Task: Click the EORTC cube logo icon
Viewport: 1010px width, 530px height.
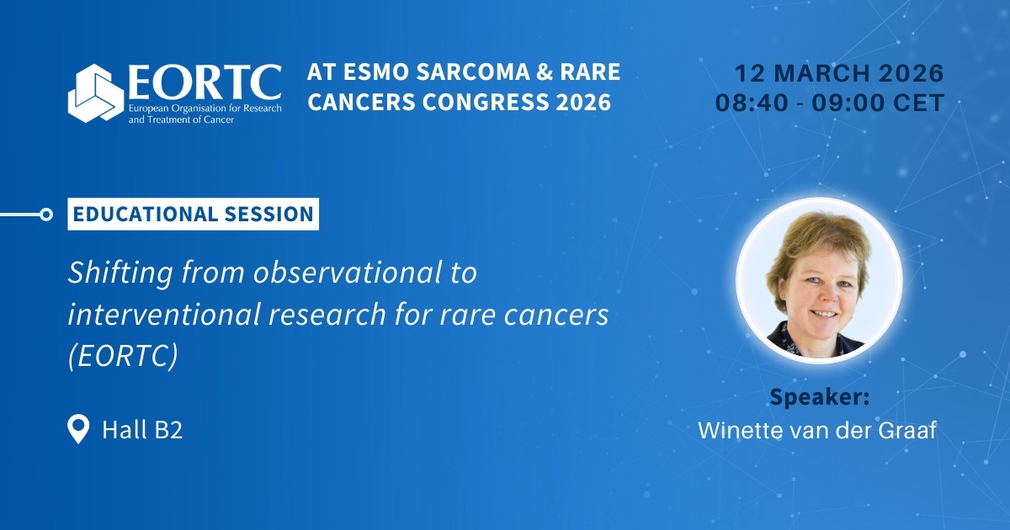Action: coord(96,93)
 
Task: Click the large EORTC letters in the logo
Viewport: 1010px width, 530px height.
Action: coord(205,83)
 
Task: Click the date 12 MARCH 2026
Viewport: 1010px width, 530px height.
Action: coord(839,73)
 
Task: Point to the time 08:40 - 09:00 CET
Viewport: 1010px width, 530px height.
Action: coord(830,103)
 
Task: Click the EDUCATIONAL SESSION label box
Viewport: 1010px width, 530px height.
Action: coord(193,214)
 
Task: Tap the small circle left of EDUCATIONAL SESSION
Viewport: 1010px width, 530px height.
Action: coord(46,215)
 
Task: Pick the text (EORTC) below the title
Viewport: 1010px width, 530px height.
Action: coord(123,356)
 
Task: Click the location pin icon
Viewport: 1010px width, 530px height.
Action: coord(78,429)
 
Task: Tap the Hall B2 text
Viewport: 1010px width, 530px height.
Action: coord(142,430)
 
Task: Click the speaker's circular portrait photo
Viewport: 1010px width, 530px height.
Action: coord(819,280)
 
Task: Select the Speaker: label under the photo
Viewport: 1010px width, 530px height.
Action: coord(819,397)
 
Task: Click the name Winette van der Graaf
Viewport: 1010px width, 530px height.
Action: coord(817,430)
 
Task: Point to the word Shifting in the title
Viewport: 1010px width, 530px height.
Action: coord(120,273)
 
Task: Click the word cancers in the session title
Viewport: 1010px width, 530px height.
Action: coord(556,315)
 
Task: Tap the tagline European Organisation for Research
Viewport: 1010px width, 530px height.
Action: coord(205,109)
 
